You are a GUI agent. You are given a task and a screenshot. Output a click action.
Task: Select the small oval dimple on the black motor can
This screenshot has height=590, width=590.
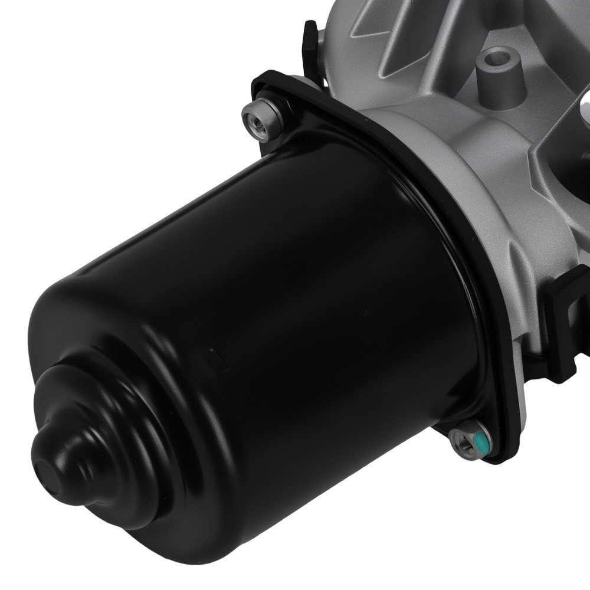point(211,355)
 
